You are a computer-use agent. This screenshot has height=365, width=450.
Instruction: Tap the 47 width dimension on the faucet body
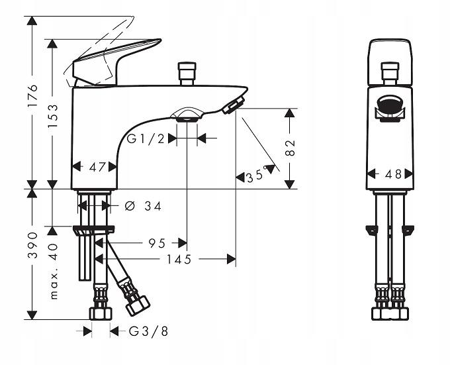97,168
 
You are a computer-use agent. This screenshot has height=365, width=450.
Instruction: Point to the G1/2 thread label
146,138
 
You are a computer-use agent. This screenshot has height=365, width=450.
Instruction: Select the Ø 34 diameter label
142,206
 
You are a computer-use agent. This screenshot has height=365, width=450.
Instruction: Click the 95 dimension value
157,243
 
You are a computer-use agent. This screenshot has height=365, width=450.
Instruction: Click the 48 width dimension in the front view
393,175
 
